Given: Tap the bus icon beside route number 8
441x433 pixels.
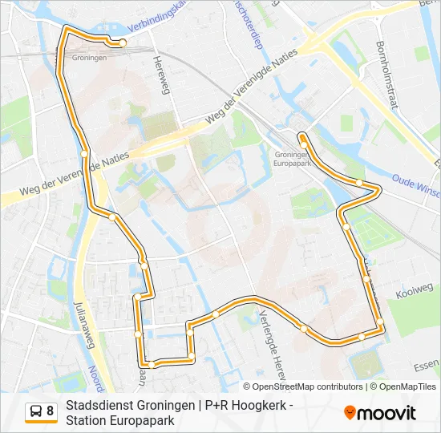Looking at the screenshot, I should pos(36,412).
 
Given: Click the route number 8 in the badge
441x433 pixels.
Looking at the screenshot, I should pos(51,412).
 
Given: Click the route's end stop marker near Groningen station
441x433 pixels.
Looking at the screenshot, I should pos(123,43).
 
